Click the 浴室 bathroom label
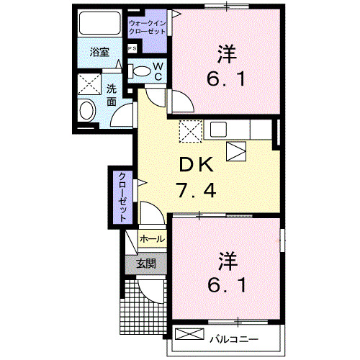click(x=99, y=52)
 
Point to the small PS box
click(x=132, y=48)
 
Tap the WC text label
click(x=158, y=71)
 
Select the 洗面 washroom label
click(x=112, y=95)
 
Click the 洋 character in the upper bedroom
click(x=224, y=52)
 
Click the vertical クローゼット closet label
click(x=123, y=197)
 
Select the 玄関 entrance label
click(x=146, y=264)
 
